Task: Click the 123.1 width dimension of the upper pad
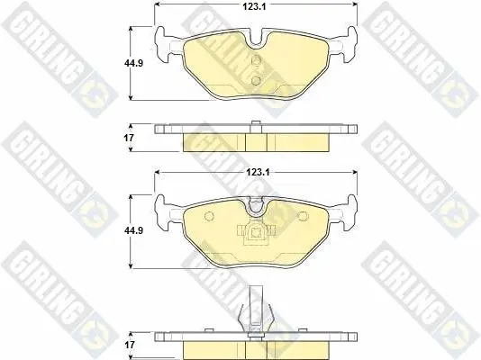pyautogui.click(x=254, y=6)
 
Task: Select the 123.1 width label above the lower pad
pyautogui.click(x=258, y=173)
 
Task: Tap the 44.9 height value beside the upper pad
pyautogui.click(x=133, y=63)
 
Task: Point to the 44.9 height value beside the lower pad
pyautogui.click(x=133, y=230)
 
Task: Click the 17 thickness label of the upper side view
pyautogui.click(x=129, y=138)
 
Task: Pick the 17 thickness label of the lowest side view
pyautogui.click(x=130, y=345)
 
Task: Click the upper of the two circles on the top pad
pyautogui.click(x=256, y=60)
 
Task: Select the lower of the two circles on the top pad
pyautogui.click(x=256, y=81)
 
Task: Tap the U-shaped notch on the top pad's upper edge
pyautogui.click(x=256, y=39)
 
